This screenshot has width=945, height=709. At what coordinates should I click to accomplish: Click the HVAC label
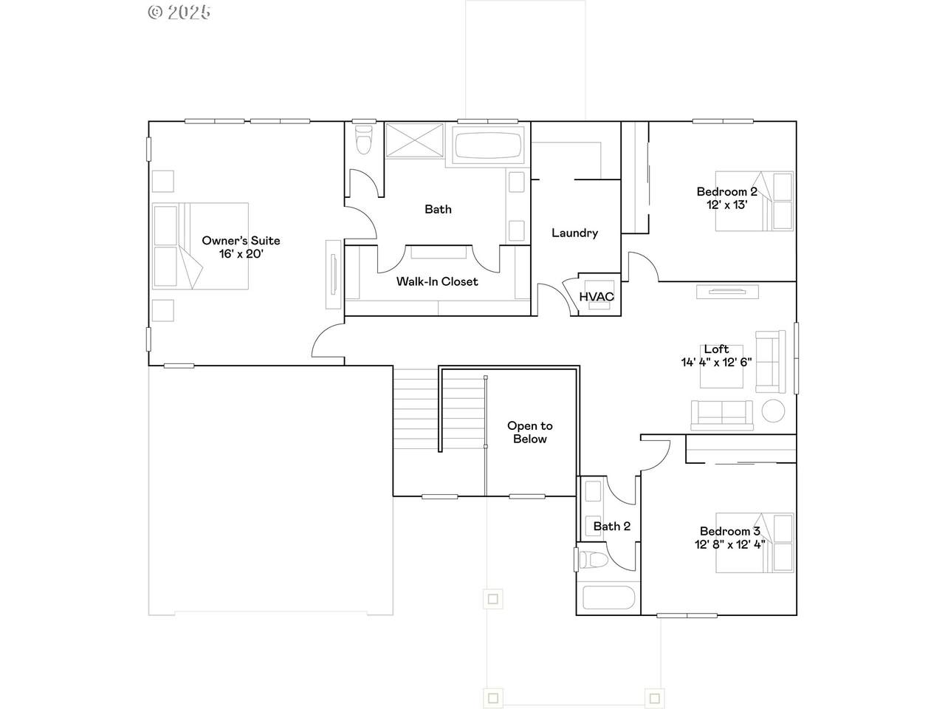click(x=597, y=297)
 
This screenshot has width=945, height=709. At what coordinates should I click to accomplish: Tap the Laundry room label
click(x=574, y=233)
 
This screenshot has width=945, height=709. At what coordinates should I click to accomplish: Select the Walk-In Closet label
click(x=437, y=281)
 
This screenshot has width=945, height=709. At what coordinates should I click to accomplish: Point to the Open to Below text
click(x=530, y=432)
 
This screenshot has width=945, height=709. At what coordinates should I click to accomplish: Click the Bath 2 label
click(x=612, y=526)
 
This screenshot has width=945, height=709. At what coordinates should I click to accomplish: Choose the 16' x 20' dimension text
click(x=241, y=254)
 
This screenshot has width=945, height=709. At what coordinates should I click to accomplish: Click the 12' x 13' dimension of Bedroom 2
click(x=726, y=205)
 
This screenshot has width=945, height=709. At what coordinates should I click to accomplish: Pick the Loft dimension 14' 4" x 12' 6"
click(x=716, y=363)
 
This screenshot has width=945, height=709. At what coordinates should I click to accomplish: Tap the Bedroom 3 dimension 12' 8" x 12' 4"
click(x=729, y=544)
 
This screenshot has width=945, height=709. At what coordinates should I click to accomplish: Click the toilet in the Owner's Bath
click(x=364, y=139)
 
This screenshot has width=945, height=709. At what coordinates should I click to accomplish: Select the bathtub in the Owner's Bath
click(x=488, y=145)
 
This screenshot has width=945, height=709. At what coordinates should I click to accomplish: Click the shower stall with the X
click(x=414, y=140)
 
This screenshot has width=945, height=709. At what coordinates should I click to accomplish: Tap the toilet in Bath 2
click(x=593, y=560)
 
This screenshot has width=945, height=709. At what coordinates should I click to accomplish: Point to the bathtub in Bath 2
click(x=608, y=597)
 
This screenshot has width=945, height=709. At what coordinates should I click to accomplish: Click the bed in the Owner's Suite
click(x=200, y=246)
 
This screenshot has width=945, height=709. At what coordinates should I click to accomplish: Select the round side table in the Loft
click(x=773, y=411)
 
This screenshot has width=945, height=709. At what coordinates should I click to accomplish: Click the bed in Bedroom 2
click(x=755, y=201)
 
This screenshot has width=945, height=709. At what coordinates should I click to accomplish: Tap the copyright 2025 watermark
click(x=179, y=12)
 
